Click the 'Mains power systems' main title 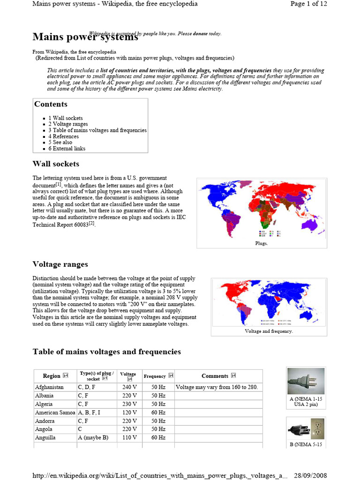coord(85,37)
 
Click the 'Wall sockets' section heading coord(56,164)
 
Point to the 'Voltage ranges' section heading coord(60,264)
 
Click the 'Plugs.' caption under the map coord(262,243)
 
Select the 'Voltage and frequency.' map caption coord(269,331)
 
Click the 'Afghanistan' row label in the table coord(49,387)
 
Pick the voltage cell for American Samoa coord(128,412)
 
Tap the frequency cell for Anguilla coord(158,437)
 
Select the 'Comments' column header coord(215,376)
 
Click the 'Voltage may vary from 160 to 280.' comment coord(217,387)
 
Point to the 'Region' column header coord(52,376)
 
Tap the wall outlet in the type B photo coord(317,428)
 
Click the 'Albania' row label coord(45,396)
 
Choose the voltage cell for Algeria coord(128,404)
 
